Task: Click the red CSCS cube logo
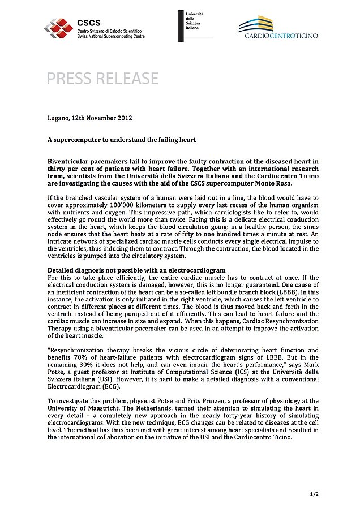[58, 26]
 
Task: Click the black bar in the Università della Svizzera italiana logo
[181, 25]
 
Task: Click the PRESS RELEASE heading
[102, 78]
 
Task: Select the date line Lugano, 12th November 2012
[89, 119]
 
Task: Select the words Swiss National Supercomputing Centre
[111, 36]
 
